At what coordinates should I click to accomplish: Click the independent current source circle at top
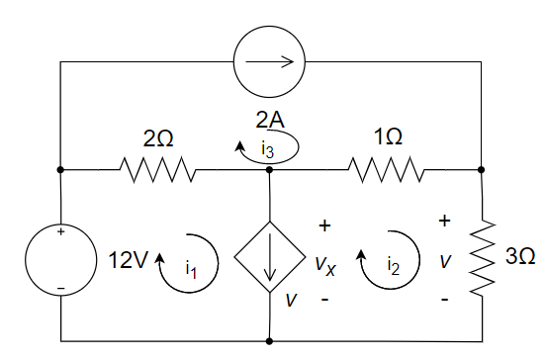coord(270,62)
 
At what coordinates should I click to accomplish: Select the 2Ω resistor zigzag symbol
coord(158,169)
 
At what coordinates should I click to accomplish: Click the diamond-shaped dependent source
coord(270,262)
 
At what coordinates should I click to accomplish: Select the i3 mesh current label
coord(268,148)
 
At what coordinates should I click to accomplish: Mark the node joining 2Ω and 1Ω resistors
coord(270,169)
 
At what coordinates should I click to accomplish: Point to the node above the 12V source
coord(60,169)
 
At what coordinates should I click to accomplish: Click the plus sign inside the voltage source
coord(60,233)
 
